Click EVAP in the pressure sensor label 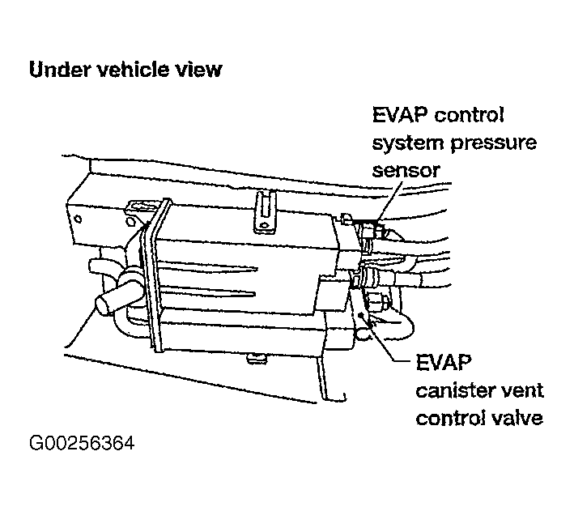click(x=400, y=115)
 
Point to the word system click(x=409, y=143)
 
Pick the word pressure click(x=494, y=143)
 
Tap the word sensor click(x=406, y=170)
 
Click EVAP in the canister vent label click(x=444, y=362)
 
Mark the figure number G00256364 click(x=82, y=443)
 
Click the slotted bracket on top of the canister click(x=266, y=211)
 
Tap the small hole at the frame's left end click(x=78, y=219)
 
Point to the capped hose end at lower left click(x=105, y=301)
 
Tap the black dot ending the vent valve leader click(x=363, y=315)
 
